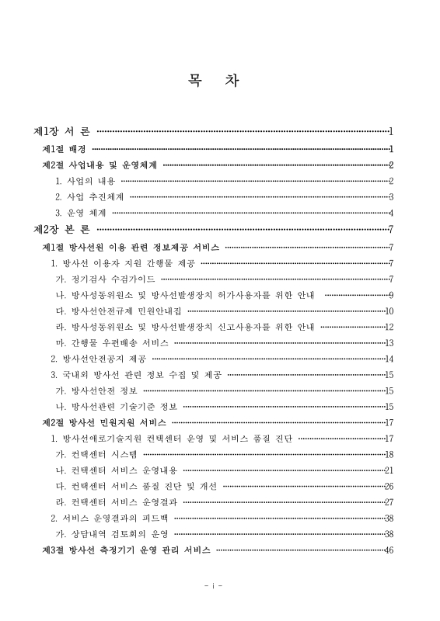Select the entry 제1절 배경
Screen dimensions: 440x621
(x=64, y=147)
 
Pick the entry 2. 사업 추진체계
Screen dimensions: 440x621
(x=88, y=196)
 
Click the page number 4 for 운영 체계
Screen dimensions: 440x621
(x=392, y=213)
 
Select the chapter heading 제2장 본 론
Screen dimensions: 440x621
(x=63, y=229)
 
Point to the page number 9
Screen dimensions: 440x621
(x=391, y=295)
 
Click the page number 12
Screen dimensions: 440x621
(x=389, y=327)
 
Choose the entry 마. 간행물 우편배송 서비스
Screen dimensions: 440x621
(x=111, y=342)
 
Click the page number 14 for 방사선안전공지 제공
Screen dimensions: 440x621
(x=389, y=359)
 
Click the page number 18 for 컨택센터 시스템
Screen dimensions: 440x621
(x=389, y=454)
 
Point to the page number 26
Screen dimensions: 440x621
(x=389, y=486)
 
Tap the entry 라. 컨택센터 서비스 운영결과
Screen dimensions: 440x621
(x=117, y=502)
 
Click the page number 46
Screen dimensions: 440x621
(x=389, y=550)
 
